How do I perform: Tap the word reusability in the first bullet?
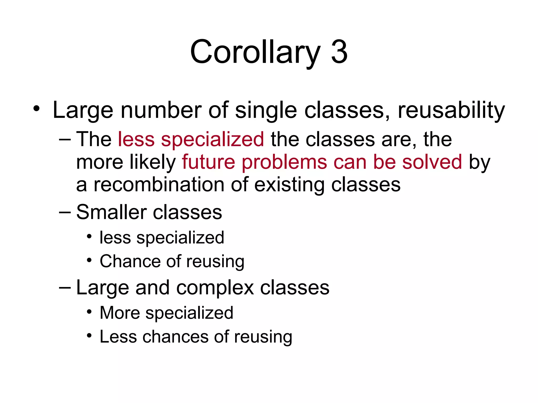(451, 110)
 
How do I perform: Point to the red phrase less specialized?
(191, 139)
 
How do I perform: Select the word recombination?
(159, 185)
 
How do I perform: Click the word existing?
(289, 185)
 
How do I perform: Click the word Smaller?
(111, 212)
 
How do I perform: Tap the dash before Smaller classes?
(65, 212)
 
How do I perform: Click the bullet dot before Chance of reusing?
(89, 260)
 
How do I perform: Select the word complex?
(215, 288)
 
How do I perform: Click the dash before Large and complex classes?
(65, 288)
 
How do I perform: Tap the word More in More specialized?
(120, 313)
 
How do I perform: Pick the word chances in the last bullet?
(175, 337)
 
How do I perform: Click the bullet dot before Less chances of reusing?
(89, 335)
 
